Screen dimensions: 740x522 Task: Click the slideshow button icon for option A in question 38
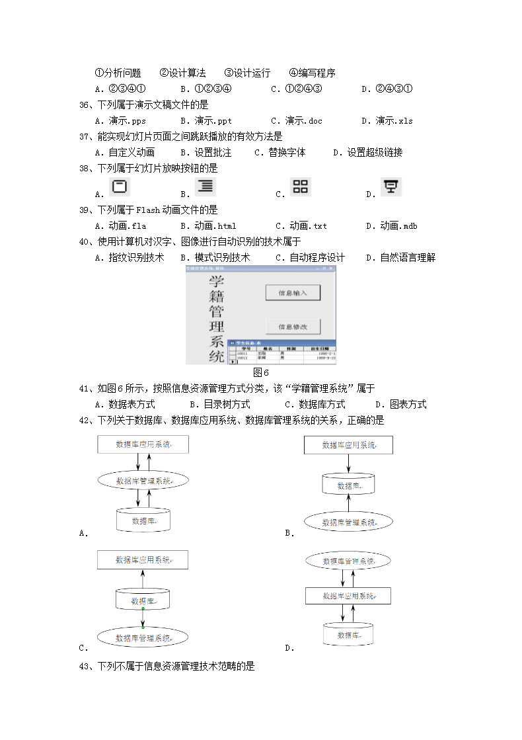(119, 187)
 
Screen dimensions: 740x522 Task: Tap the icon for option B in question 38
(205, 186)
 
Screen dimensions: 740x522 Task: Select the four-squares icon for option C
(301, 186)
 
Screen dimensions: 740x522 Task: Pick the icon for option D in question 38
(391, 187)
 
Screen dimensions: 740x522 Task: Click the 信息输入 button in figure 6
(293, 292)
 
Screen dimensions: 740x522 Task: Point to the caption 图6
(261, 372)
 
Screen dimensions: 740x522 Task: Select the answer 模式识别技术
(222, 258)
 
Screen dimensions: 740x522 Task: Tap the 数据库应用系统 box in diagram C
(143, 560)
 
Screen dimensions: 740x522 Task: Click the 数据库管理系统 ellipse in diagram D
(348, 561)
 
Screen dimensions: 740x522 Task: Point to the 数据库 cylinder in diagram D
(348, 636)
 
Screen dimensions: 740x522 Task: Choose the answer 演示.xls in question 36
(394, 121)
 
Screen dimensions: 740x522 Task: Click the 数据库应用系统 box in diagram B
(348, 445)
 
